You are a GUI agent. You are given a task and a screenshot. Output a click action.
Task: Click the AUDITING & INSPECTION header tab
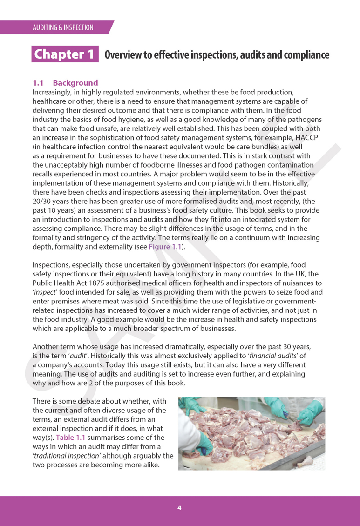click(63, 27)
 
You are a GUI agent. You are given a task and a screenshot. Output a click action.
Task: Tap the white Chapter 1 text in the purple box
click(65, 54)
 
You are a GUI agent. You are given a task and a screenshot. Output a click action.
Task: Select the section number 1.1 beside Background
click(38, 83)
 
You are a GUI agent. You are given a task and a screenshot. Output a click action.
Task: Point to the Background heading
click(75, 83)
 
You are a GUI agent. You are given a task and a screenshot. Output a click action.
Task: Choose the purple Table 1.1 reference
click(71, 438)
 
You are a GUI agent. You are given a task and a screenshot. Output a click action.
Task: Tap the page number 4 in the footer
click(179, 508)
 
